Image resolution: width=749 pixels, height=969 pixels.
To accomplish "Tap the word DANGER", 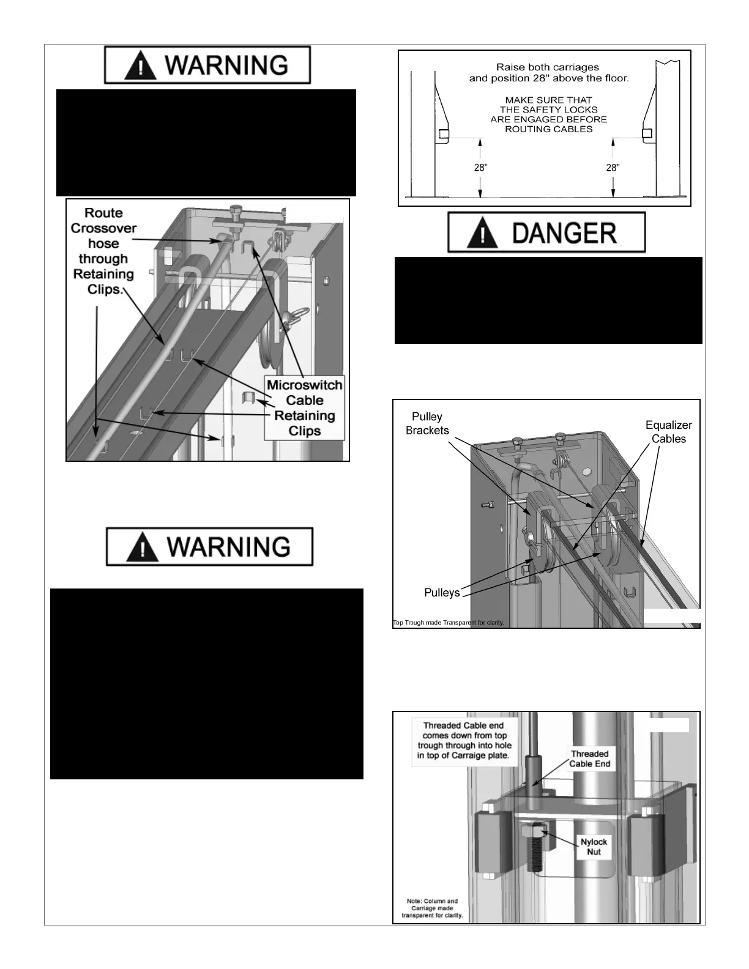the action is tap(564, 233).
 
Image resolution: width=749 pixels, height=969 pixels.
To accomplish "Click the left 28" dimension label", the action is tap(480, 168).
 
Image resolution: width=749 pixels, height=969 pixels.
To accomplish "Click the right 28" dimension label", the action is tap(613, 168).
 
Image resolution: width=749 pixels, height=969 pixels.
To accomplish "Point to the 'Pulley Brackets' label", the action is tap(427, 423).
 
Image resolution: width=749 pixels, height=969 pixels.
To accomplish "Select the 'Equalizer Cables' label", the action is tap(668, 432).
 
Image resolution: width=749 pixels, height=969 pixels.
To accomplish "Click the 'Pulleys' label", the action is tap(442, 593).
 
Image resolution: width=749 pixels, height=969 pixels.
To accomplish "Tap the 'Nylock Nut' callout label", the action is tap(594, 847).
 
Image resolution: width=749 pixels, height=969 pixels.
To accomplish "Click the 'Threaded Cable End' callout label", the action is tap(590, 759).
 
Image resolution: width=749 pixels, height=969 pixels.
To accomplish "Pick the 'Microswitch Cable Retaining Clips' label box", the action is tap(304, 408).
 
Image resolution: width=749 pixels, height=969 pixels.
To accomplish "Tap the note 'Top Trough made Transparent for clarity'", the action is tap(448, 623).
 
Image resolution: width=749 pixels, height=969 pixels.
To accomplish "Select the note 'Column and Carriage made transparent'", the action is tap(432, 908).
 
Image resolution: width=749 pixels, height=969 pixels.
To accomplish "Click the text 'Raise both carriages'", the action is tap(548, 67).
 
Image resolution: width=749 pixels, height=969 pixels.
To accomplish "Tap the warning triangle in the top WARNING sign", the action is tap(140, 65).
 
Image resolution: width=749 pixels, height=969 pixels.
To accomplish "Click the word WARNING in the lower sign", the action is tap(228, 547).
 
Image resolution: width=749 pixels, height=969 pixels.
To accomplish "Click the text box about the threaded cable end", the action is tap(463, 740).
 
